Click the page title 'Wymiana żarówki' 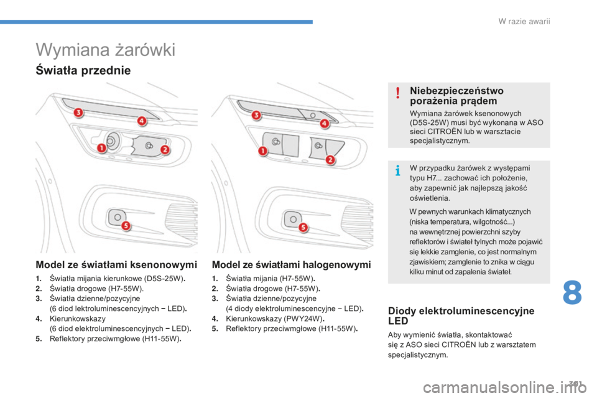pyautogui.click(x=106, y=50)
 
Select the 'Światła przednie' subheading pyautogui.click(x=83, y=70)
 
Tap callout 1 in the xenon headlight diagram pyautogui.click(x=101, y=148)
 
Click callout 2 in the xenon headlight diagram pyautogui.click(x=165, y=150)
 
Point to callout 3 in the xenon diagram pyautogui.click(x=78, y=113)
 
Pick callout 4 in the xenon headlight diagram pyautogui.click(x=142, y=121)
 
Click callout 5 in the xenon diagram pyautogui.click(x=126, y=226)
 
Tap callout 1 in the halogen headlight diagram pyautogui.click(x=263, y=151)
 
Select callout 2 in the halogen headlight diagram pyautogui.click(x=330, y=160)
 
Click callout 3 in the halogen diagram pyautogui.click(x=256, y=115)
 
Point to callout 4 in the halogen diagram pyautogui.click(x=325, y=124)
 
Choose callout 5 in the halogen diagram pyautogui.click(x=303, y=228)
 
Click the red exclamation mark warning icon pyautogui.click(x=398, y=93)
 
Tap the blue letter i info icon pyautogui.click(x=398, y=170)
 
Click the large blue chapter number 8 pyautogui.click(x=572, y=292)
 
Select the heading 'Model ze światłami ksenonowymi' pyautogui.click(x=116, y=265)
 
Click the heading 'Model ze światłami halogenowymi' pyautogui.click(x=291, y=265)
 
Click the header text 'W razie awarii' pyautogui.click(x=524, y=21)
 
